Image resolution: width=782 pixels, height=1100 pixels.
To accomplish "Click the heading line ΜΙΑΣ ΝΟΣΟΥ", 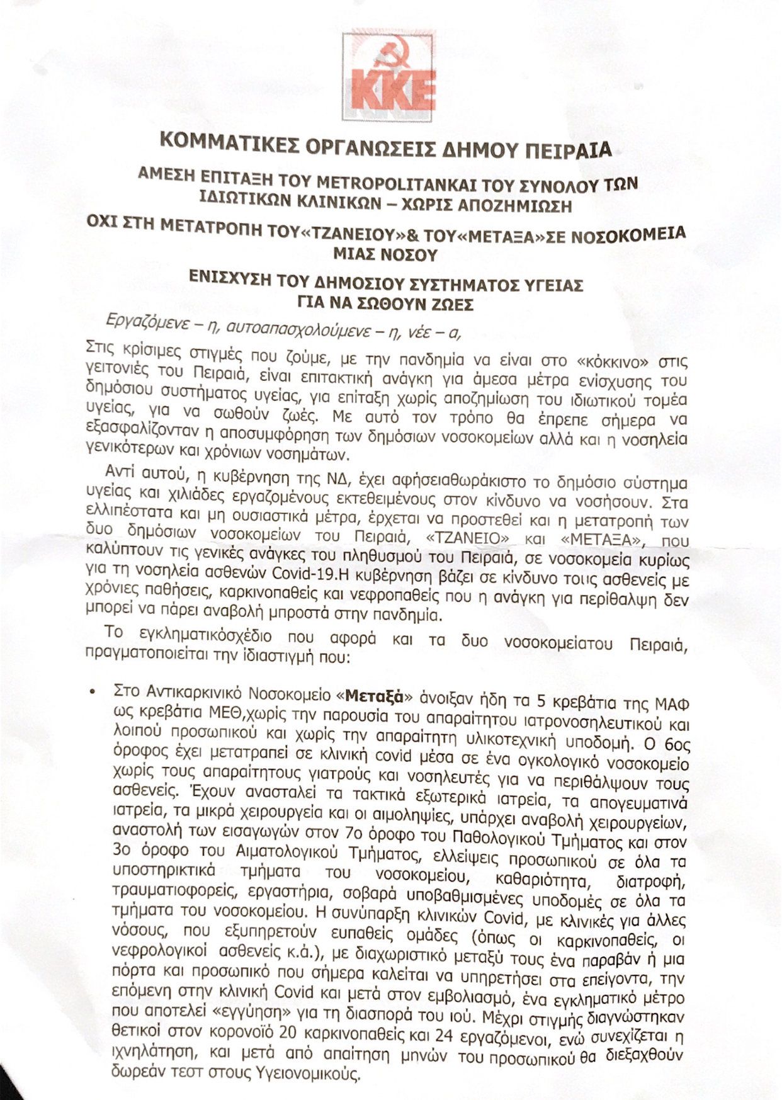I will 386,255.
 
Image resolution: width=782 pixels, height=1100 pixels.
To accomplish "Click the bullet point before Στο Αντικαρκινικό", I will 93,692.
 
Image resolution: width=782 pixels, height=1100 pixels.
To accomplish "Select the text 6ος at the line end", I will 677,744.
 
